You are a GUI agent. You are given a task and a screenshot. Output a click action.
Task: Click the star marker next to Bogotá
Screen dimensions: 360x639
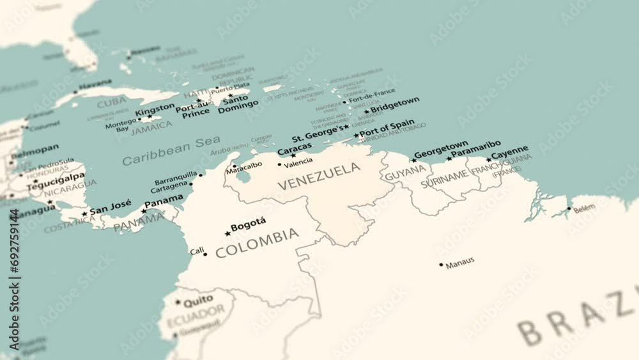[x=227, y=233]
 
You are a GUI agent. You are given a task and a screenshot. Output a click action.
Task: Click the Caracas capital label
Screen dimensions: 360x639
[x=295, y=150]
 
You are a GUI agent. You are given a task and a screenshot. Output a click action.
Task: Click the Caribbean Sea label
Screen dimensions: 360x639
[x=171, y=150]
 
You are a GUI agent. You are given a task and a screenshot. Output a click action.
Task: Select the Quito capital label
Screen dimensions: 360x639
[x=198, y=299]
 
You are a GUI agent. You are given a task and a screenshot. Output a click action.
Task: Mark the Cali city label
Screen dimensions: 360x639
[x=197, y=251]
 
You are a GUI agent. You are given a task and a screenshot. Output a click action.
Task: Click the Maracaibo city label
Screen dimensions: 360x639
[x=244, y=165]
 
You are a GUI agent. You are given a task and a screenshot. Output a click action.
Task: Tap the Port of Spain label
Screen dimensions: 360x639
[x=387, y=127]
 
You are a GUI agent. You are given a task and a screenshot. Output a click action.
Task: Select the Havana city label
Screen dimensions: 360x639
[x=95, y=84]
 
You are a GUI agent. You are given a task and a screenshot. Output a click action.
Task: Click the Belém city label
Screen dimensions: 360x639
[x=584, y=208]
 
